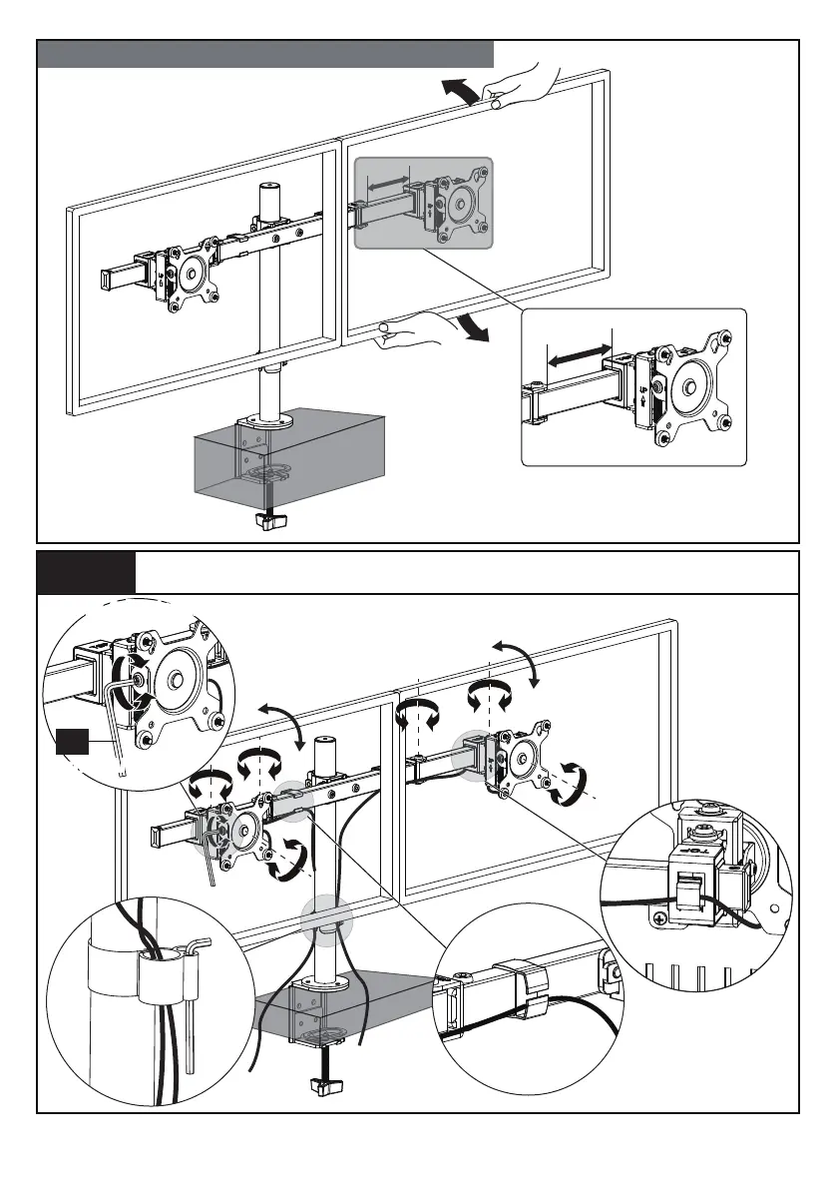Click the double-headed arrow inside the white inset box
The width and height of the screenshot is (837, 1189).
pyautogui.click(x=580, y=353)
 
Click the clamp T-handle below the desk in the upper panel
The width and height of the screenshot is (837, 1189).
pyautogui.click(x=269, y=520)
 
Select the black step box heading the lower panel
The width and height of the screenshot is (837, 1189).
pyautogui.click(x=87, y=572)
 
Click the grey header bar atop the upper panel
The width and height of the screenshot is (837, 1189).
pyautogui.click(x=265, y=54)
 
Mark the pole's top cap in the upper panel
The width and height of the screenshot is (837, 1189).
pyautogui.click(x=267, y=187)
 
